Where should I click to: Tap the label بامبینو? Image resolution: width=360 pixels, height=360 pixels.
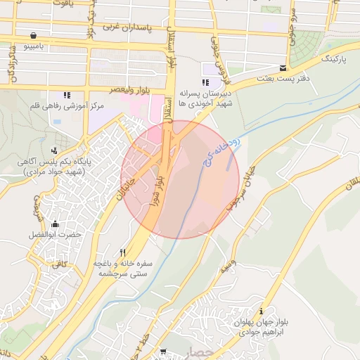34,47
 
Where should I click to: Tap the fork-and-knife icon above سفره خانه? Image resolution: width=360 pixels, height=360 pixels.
123,252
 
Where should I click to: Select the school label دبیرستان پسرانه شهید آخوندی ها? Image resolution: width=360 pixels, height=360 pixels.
205,97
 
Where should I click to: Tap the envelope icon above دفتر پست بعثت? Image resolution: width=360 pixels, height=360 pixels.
283,68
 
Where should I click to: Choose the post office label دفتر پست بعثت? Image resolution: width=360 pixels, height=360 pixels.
284,78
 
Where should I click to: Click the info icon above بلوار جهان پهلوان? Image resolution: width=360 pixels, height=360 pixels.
262,311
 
